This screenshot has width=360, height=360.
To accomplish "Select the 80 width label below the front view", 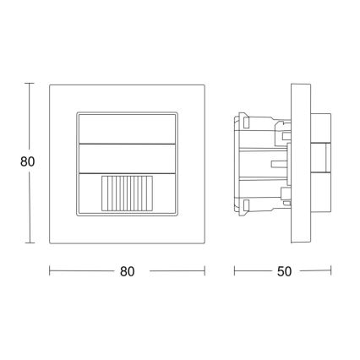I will click(128, 271).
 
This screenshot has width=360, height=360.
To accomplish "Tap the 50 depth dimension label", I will click(282, 271).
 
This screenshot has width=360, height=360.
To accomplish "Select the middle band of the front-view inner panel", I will click(128, 158).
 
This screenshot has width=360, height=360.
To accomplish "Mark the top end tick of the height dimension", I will click(30, 83).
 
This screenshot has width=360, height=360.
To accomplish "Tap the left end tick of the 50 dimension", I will click(234, 271).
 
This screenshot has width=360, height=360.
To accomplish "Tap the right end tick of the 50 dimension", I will click(331, 271).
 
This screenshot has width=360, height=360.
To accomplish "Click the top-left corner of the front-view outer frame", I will click(50, 84).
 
